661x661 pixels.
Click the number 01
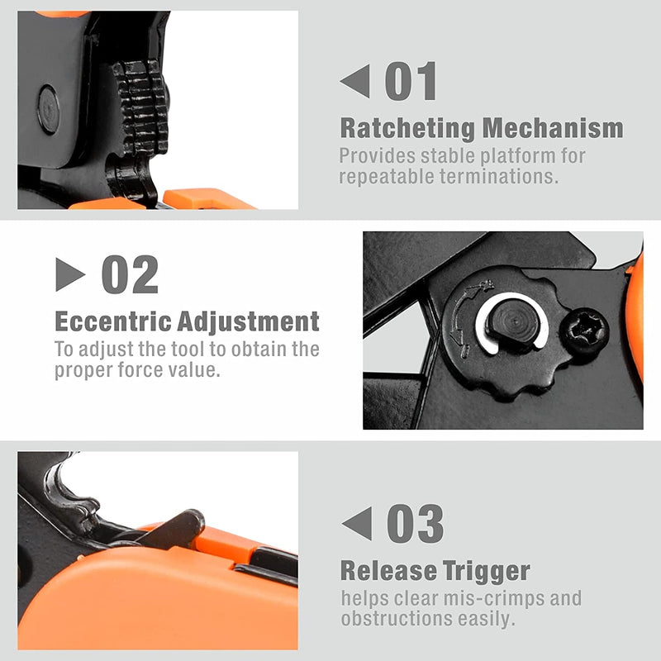(x=411, y=82)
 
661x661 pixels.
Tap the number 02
(x=130, y=274)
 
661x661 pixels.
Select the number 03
(x=415, y=524)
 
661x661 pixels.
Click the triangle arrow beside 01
(x=354, y=83)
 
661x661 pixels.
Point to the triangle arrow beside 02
(x=70, y=274)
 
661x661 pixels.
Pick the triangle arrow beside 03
(x=356, y=524)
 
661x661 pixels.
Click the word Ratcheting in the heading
(x=407, y=129)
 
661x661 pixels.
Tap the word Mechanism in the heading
(x=553, y=129)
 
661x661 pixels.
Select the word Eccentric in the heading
(x=112, y=321)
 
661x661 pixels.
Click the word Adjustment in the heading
(x=247, y=321)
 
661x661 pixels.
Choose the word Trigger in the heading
(x=489, y=571)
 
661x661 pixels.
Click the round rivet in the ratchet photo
(x=49, y=109)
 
